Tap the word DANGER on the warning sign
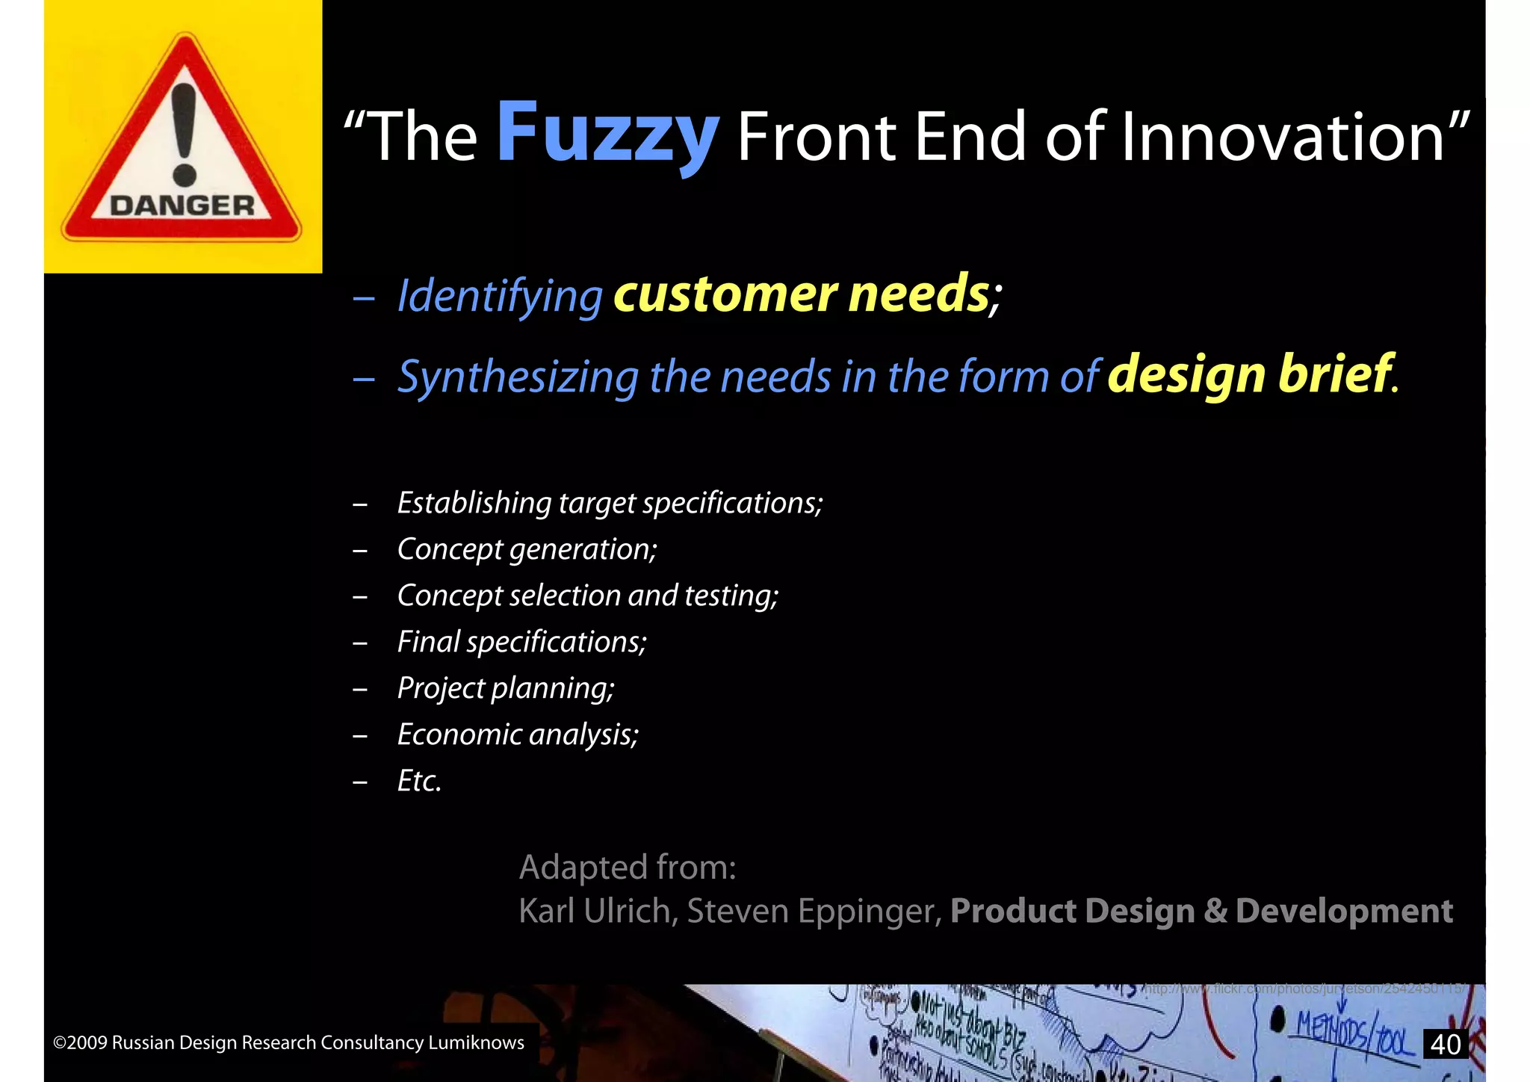tap(182, 205)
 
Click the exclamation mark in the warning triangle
tap(184, 135)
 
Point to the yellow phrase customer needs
tap(801, 294)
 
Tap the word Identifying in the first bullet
tap(499, 296)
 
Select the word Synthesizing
tap(518, 377)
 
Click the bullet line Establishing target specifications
tap(610, 503)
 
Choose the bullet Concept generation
tap(527, 549)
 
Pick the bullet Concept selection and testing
tap(587, 596)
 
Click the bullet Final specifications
tap(521, 642)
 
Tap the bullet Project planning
tap(505, 688)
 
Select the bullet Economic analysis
tap(518, 735)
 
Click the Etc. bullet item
tap(419, 781)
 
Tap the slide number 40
tap(1446, 1044)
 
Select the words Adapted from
tap(628, 868)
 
